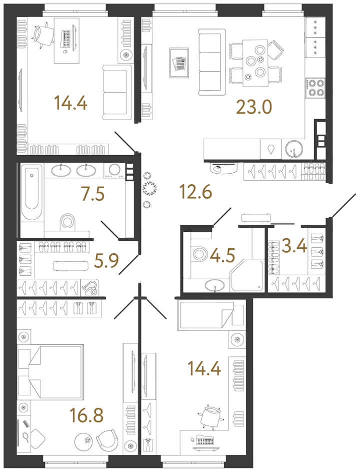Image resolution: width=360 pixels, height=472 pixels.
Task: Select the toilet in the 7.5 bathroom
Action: [x=67, y=221]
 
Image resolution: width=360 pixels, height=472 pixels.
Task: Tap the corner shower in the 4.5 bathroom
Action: [x=247, y=276]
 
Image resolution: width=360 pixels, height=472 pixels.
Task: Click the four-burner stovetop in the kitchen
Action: [x=315, y=88]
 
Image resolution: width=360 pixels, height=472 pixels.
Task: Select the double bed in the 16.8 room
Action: [x=50, y=371]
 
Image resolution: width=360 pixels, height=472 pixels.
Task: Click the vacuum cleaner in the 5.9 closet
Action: [x=90, y=287]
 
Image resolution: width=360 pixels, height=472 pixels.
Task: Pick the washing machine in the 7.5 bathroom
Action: [x=115, y=171]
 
